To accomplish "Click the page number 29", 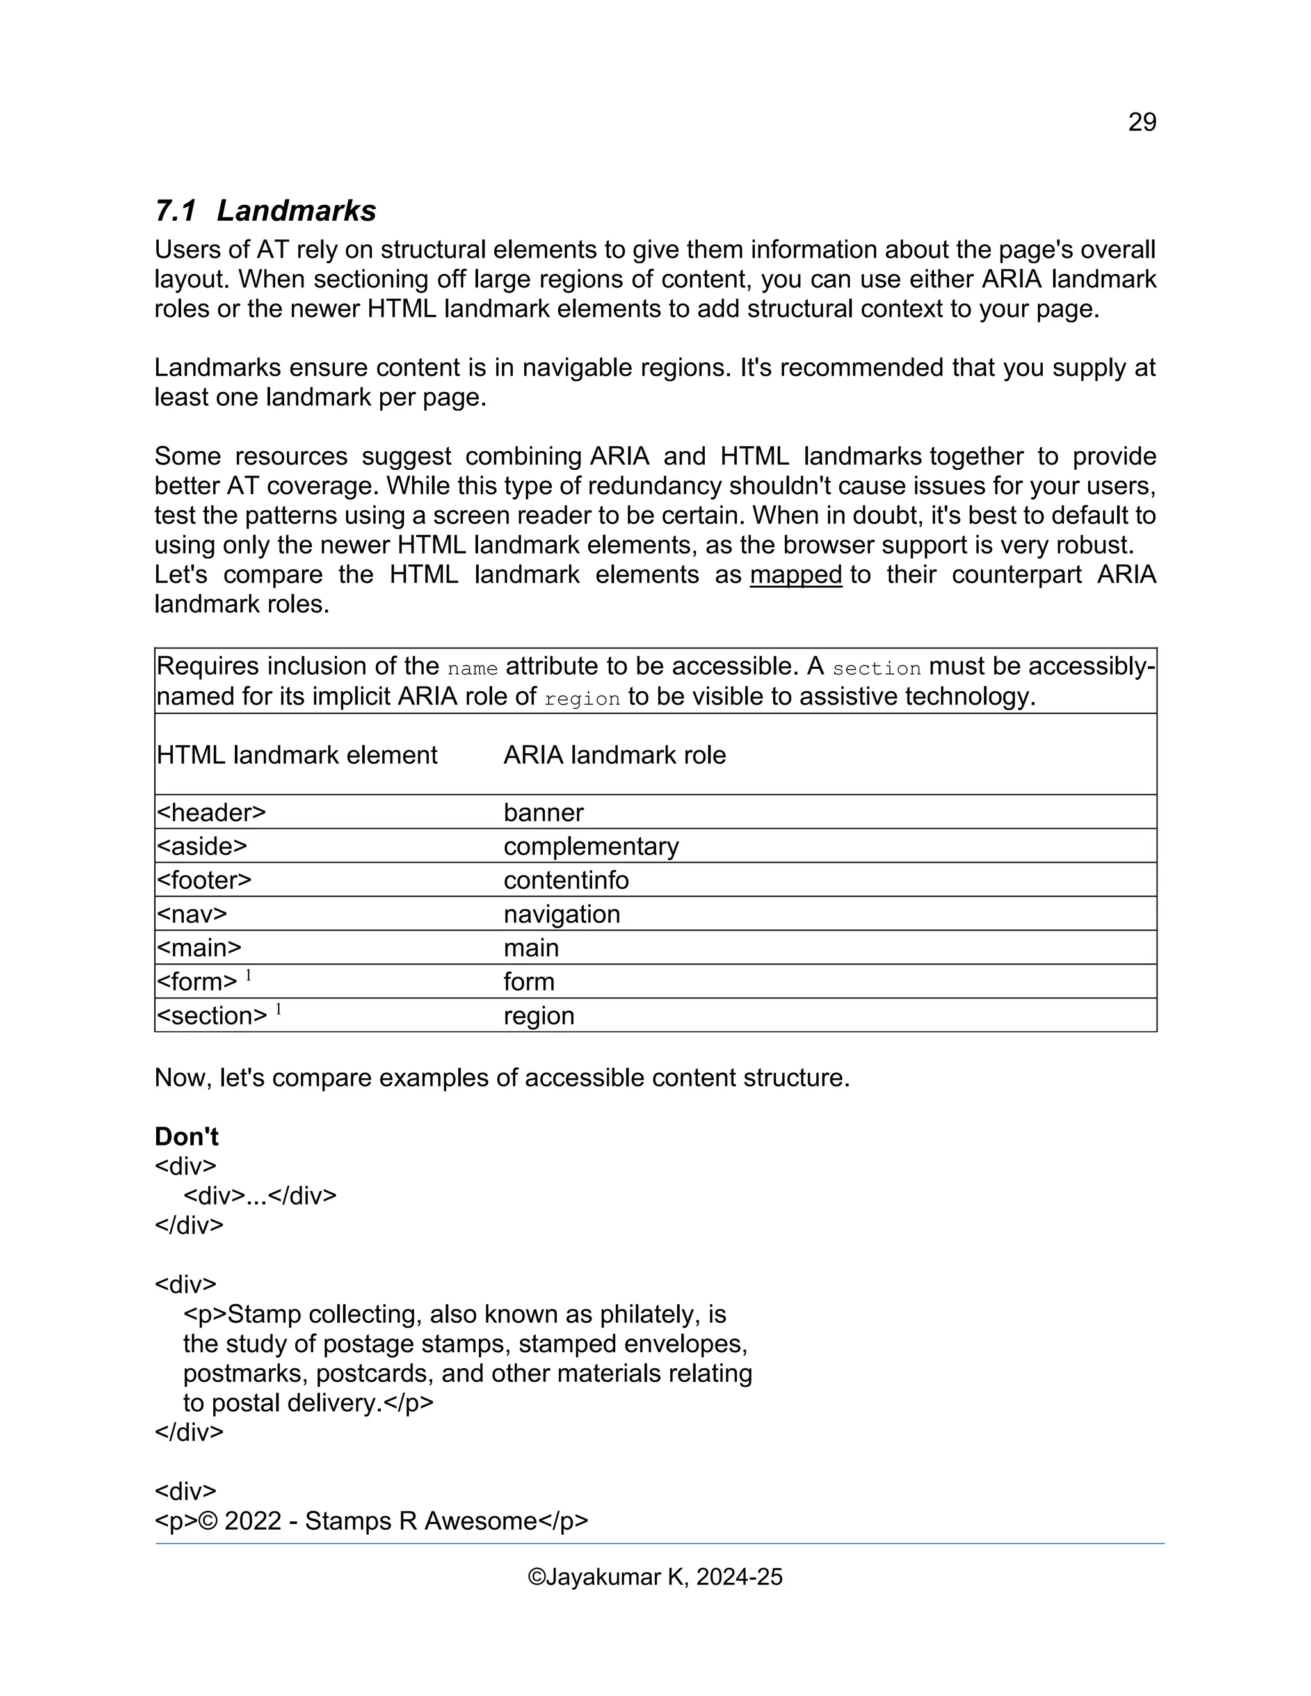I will pyautogui.click(x=1142, y=122).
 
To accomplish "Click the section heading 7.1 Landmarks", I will pyautogui.click(x=266, y=211).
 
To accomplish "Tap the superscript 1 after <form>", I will pyautogui.click(x=248, y=975).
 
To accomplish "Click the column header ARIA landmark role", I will pyautogui.click(x=615, y=755).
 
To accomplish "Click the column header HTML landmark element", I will pyautogui.click(x=296, y=755).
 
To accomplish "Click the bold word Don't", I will pyautogui.click(x=186, y=1137).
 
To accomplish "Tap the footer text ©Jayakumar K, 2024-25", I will pyautogui.click(x=655, y=1577).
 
